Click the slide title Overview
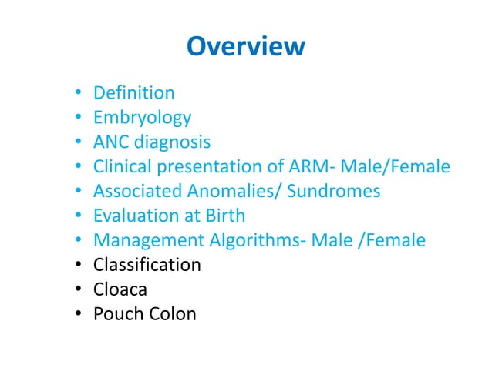coord(245,47)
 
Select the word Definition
coord(133,94)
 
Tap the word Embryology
coord(142,119)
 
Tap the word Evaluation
coord(133,216)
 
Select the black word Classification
coord(147,265)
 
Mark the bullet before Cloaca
coord(79,289)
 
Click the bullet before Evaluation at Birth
coord(79,216)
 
